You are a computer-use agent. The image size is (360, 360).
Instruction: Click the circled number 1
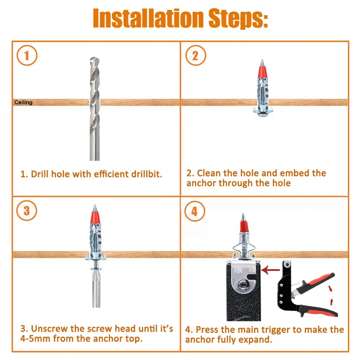pyautogui.click(x=27, y=55)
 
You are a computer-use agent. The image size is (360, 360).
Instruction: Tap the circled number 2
pyautogui.click(x=196, y=55)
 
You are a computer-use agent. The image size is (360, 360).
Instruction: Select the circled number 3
pyautogui.click(x=27, y=211)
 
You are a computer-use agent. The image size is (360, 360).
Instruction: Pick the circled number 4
pyautogui.click(x=195, y=211)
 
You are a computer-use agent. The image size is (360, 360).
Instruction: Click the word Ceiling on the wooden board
pyautogui.click(x=23, y=103)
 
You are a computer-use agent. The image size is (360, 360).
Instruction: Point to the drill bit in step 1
pyautogui.click(x=94, y=108)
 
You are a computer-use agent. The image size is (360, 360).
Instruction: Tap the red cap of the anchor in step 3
pyautogui.click(x=95, y=217)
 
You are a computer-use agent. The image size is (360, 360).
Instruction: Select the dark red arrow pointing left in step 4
pyautogui.click(x=270, y=270)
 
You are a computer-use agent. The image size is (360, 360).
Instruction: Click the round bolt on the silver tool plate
pyautogui.click(x=243, y=285)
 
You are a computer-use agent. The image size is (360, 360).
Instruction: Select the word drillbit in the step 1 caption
pyautogui.click(x=147, y=174)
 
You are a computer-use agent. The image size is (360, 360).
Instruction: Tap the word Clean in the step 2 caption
pyautogui.click(x=209, y=173)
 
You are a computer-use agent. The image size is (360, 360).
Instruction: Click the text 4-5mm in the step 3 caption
pyautogui.click(x=36, y=339)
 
